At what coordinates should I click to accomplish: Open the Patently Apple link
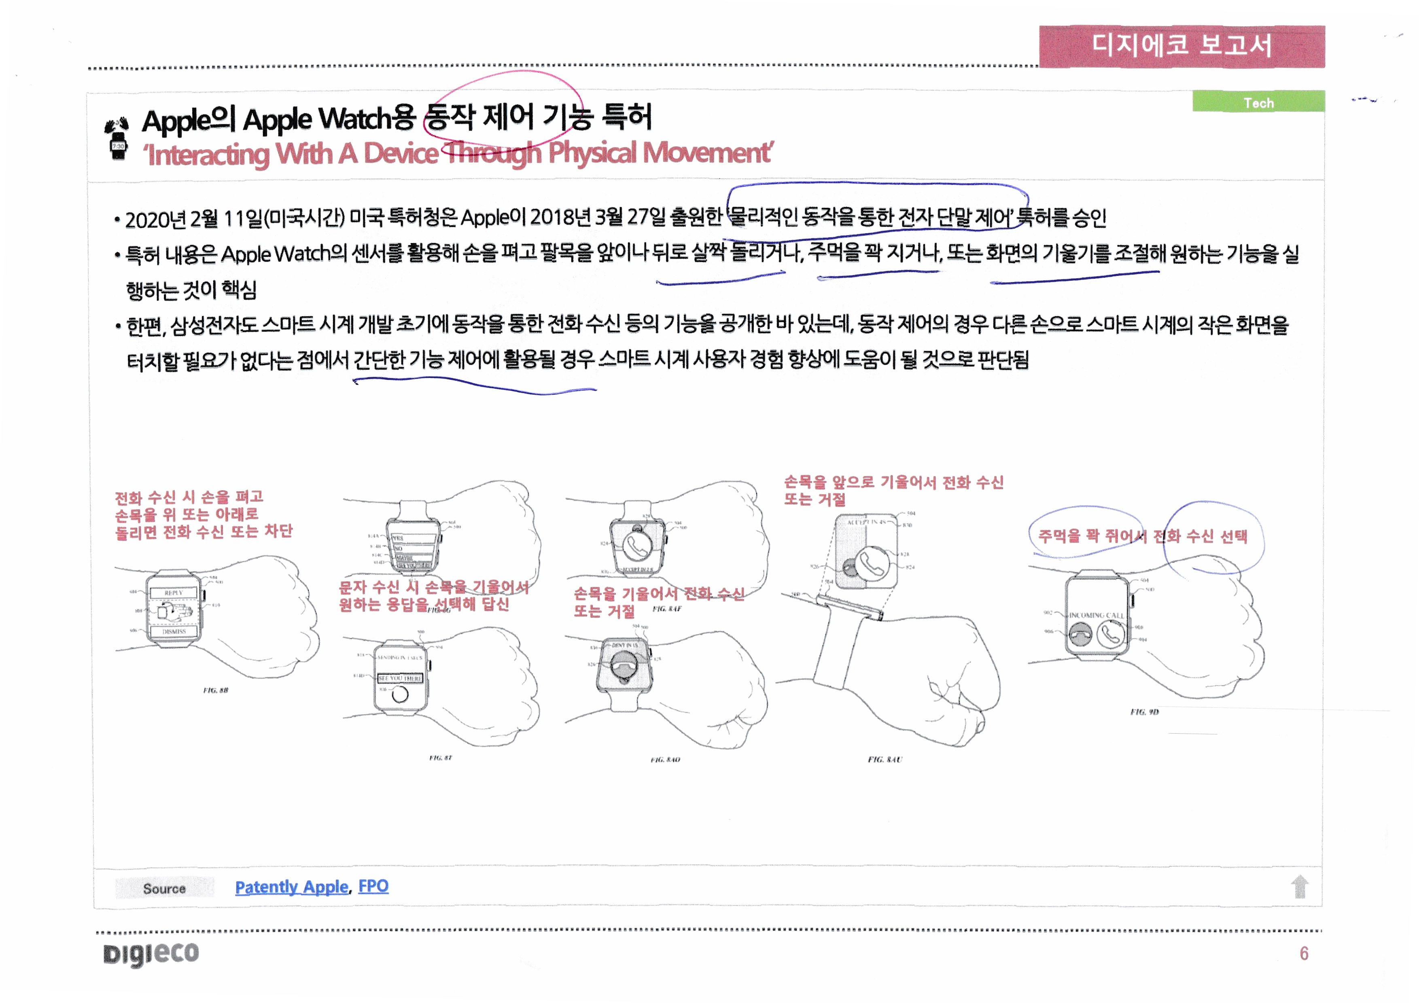(x=292, y=887)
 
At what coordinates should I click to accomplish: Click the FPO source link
(x=373, y=886)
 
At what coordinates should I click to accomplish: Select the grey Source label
(x=164, y=888)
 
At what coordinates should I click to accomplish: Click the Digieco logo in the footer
(x=151, y=953)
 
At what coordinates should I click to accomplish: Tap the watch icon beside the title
(x=117, y=139)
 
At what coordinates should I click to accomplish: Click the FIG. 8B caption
(x=216, y=690)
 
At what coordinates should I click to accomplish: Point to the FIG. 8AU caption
(x=884, y=759)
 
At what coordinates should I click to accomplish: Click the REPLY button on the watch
(x=174, y=593)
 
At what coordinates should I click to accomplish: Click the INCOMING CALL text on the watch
(x=1097, y=615)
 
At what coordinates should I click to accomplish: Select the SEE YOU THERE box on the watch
(x=400, y=678)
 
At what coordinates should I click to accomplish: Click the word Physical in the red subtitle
(x=592, y=152)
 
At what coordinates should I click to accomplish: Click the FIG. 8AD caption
(x=665, y=759)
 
